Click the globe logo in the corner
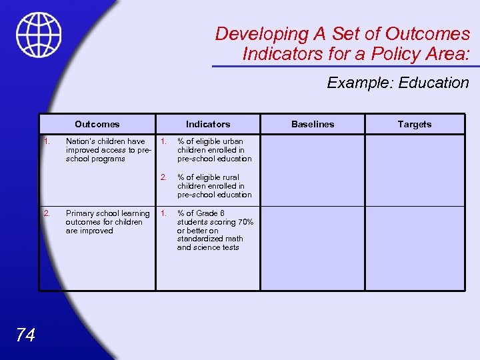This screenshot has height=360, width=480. pos(39,35)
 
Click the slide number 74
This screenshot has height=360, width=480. pos(25,335)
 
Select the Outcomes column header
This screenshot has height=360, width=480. pos(97,124)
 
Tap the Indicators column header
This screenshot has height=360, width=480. pos(208,124)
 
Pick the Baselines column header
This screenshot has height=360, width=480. pos(313,124)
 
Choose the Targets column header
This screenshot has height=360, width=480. pos(415,124)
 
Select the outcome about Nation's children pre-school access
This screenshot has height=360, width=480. pos(107,150)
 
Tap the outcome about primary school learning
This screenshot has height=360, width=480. pos(107,222)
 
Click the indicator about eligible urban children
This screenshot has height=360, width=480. pos(214,150)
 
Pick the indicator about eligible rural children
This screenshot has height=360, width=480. pos(214,186)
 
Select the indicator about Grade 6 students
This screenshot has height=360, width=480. pos(215,230)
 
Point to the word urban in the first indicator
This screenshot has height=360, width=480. pos(234,141)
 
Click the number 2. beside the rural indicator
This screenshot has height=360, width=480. pos(163,177)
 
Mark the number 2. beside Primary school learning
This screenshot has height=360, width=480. pos(47,213)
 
